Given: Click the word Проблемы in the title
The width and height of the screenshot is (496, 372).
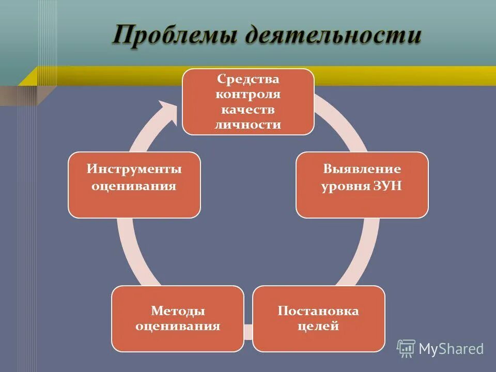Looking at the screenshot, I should (x=174, y=37).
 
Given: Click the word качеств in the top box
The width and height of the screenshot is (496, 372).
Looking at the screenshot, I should (x=248, y=110).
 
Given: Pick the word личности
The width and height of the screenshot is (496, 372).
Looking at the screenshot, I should (x=248, y=125).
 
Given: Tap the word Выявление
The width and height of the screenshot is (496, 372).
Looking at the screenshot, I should (x=362, y=169).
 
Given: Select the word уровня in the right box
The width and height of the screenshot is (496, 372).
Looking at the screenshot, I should (x=345, y=186).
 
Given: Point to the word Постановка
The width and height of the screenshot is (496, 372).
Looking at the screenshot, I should (x=318, y=311).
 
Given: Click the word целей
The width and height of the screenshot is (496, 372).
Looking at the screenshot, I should (x=318, y=326).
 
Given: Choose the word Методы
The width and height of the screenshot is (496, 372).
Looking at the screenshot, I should (x=178, y=311).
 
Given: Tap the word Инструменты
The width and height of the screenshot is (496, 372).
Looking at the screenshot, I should (x=134, y=169).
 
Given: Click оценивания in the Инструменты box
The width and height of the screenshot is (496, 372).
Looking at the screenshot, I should (x=134, y=185).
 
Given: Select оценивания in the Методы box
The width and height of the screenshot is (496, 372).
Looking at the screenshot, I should (x=178, y=326).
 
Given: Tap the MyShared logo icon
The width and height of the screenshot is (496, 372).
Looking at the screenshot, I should (x=406, y=349).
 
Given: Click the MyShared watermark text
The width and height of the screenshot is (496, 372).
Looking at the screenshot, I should (x=451, y=349).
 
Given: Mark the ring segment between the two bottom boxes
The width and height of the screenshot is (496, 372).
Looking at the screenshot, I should (x=248, y=331).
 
